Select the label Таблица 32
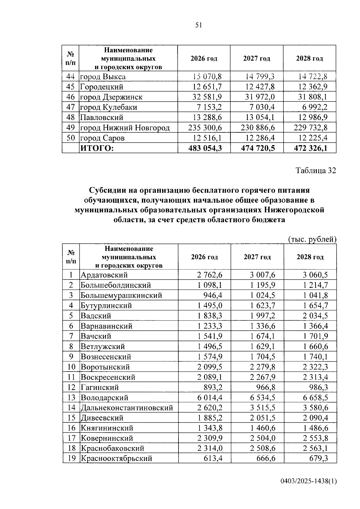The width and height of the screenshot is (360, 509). (x=316, y=170)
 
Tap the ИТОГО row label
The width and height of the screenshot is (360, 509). (x=97, y=148)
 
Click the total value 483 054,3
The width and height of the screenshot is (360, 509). (x=205, y=148)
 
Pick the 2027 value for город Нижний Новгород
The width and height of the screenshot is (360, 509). (x=258, y=128)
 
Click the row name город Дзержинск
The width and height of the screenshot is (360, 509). (x=111, y=97)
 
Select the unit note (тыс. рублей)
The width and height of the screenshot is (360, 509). (x=312, y=239)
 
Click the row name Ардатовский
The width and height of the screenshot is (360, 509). (x=104, y=275)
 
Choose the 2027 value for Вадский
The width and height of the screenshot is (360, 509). (x=262, y=316)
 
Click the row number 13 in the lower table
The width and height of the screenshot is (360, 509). (x=71, y=398)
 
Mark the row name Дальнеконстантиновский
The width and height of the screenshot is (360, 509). (x=127, y=408)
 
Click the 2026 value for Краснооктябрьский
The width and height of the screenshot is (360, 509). (x=212, y=458)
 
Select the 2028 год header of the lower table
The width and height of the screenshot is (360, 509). (x=310, y=257)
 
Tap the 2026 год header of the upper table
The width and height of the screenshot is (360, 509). (x=204, y=59)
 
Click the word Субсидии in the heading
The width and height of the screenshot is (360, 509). (x=107, y=190)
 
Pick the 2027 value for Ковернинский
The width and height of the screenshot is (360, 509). (x=262, y=438)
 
